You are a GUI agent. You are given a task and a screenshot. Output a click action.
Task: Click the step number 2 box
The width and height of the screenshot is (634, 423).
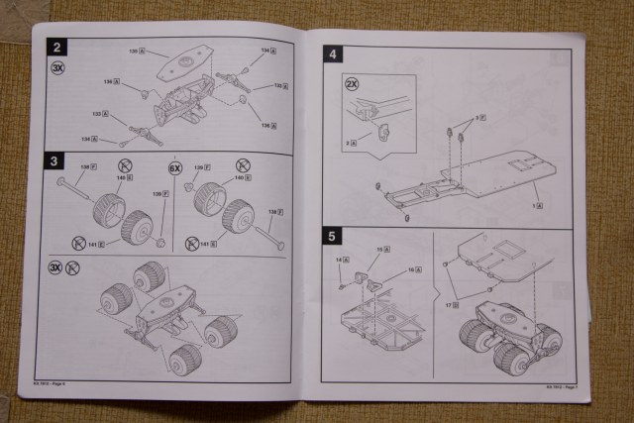(x=58, y=47)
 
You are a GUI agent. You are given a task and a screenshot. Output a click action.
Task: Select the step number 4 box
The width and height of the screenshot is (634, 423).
(x=335, y=55)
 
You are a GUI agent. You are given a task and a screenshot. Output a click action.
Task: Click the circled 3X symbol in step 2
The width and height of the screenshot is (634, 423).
(x=58, y=69)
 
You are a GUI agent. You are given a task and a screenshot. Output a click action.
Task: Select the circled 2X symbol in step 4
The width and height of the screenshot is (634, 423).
(x=352, y=84)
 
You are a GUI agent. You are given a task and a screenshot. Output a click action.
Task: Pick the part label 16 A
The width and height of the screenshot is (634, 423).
(x=413, y=268)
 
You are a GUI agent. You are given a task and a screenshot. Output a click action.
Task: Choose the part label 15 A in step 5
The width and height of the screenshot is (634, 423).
(x=384, y=249)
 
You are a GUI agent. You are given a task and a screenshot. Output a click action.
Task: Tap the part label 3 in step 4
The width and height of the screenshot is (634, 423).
(x=481, y=118)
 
